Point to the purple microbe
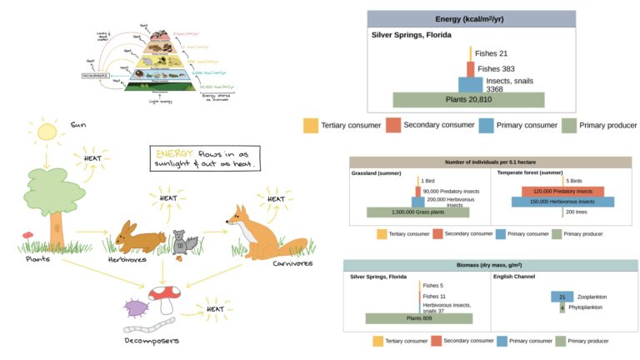coord(134,309)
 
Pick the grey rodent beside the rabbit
coord(183,242)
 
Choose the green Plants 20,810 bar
coord(468,100)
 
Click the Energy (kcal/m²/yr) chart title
coord(471,19)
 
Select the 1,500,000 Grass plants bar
coord(417,212)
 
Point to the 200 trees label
coord(576,212)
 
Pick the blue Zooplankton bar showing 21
coord(563,297)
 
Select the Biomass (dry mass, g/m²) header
coord(490,266)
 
